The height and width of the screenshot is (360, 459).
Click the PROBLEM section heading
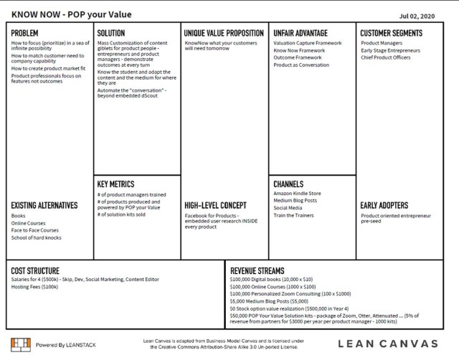[x=25, y=33]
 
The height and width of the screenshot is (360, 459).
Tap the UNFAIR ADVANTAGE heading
[x=301, y=33]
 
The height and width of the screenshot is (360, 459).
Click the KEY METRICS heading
[x=115, y=184]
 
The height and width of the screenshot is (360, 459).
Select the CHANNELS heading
[x=288, y=184]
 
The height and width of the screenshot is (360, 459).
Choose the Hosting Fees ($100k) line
[x=34, y=286]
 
